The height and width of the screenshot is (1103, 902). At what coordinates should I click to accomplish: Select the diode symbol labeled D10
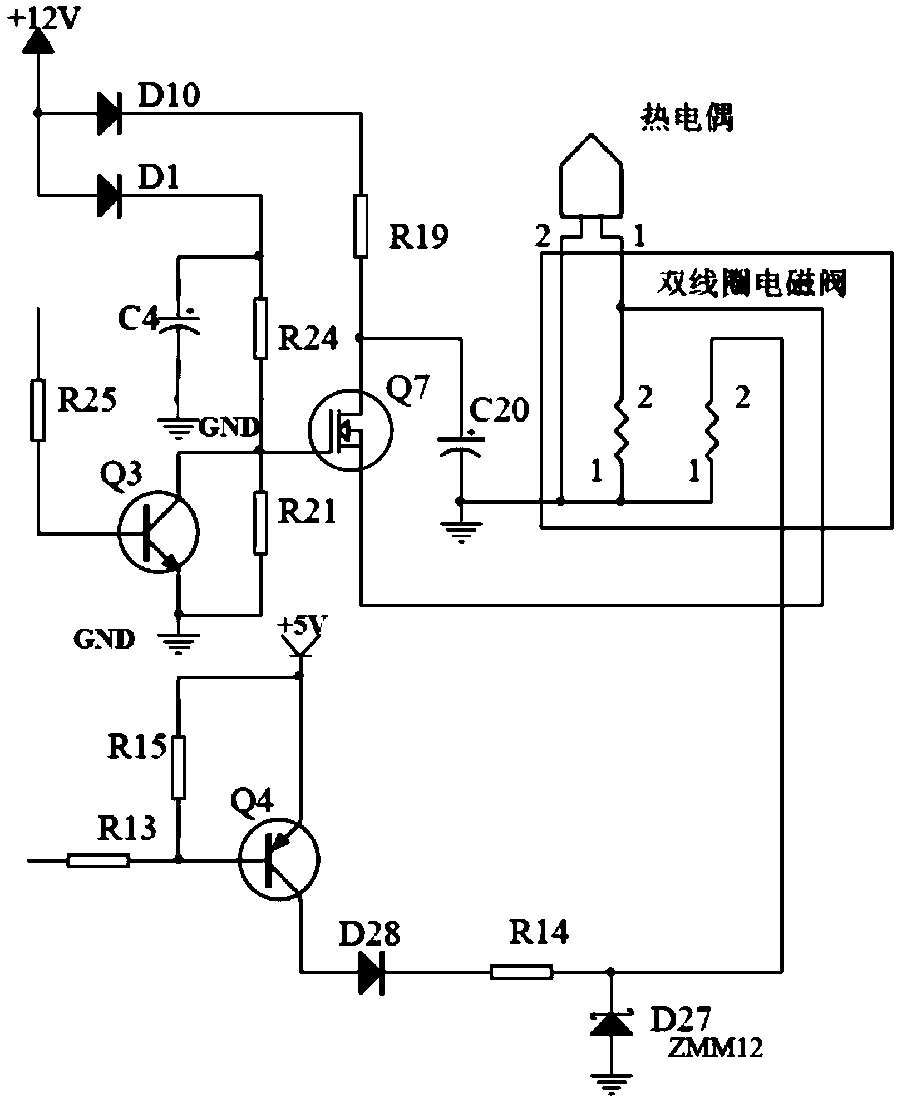(109, 113)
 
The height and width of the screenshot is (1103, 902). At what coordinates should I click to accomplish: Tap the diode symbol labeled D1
(109, 195)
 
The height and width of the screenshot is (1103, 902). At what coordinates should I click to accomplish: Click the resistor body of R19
(361, 225)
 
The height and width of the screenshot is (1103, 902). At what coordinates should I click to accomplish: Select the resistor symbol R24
(260, 328)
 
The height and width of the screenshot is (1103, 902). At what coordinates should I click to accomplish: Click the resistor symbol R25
(38, 409)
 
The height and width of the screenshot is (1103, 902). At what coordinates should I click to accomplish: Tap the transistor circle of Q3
(158, 531)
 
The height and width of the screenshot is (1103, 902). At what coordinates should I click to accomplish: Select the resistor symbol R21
(260, 522)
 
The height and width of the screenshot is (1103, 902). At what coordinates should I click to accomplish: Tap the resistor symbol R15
(178, 768)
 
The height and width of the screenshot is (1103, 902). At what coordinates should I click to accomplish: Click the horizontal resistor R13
(98, 861)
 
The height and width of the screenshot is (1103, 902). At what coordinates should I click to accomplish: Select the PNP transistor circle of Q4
(279, 859)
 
